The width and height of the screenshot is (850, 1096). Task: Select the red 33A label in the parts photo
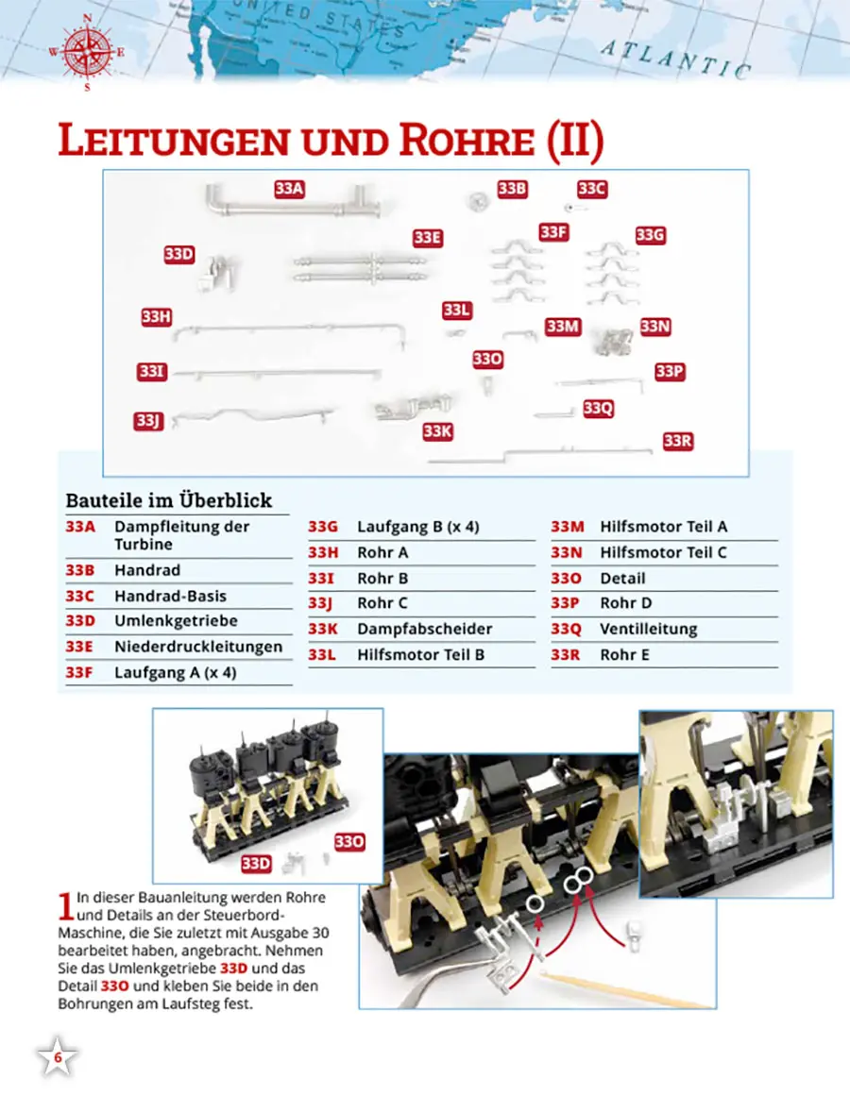pyautogui.click(x=289, y=189)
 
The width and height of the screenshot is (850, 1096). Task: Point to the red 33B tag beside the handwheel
pyautogui.click(x=511, y=189)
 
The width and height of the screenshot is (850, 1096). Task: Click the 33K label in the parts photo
pyautogui.click(x=437, y=431)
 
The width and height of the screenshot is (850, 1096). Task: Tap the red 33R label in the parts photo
pyautogui.click(x=678, y=441)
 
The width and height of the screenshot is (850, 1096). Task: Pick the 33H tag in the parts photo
pyautogui.click(x=156, y=317)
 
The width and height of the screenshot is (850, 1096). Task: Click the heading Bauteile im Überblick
pyautogui.click(x=168, y=500)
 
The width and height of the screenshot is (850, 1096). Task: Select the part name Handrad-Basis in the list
pyautogui.click(x=170, y=596)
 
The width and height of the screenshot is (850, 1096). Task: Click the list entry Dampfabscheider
pyautogui.click(x=424, y=629)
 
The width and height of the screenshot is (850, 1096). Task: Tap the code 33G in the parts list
pyautogui.click(x=322, y=527)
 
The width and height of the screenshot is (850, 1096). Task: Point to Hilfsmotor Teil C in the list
pyautogui.click(x=663, y=552)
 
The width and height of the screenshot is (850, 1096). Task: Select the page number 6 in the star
pyautogui.click(x=58, y=1058)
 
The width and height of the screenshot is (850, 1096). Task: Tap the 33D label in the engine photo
pyautogui.click(x=256, y=863)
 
